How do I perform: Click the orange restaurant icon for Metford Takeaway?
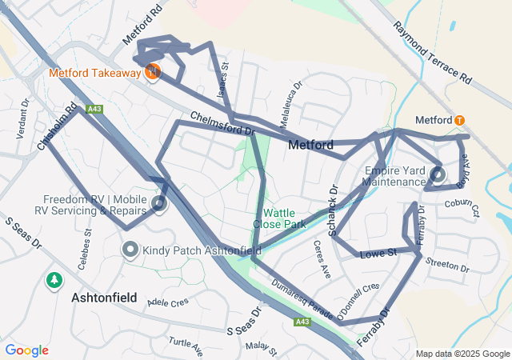point(153,72)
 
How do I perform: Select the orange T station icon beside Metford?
point(459,120)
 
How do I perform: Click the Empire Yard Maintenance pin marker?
point(437,174)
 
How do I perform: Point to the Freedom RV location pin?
point(159,203)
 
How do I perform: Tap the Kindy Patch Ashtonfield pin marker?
point(130,250)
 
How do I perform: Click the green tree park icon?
point(54,281)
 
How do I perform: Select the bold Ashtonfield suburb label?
point(107,297)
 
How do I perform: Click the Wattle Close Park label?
point(280,218)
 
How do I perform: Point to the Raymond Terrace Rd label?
point(431,54)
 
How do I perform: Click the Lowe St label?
point(378,254)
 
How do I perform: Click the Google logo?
point(27,350)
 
